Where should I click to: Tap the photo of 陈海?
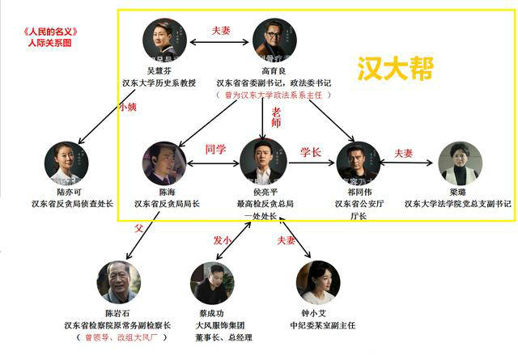[164, 163]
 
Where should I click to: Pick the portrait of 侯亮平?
[263, 161]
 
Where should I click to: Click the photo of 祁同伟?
[358, 163]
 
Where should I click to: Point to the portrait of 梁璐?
[459, 163]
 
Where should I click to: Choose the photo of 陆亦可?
[66, 163]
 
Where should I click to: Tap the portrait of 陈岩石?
[119, 282]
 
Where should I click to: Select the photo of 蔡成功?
[212, 283]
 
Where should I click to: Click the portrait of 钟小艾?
[316, 282]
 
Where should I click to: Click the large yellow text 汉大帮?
[396, 68]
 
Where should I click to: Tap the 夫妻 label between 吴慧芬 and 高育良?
[221, 30]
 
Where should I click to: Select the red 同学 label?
[216, 149]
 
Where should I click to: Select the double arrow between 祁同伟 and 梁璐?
[408, 163]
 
